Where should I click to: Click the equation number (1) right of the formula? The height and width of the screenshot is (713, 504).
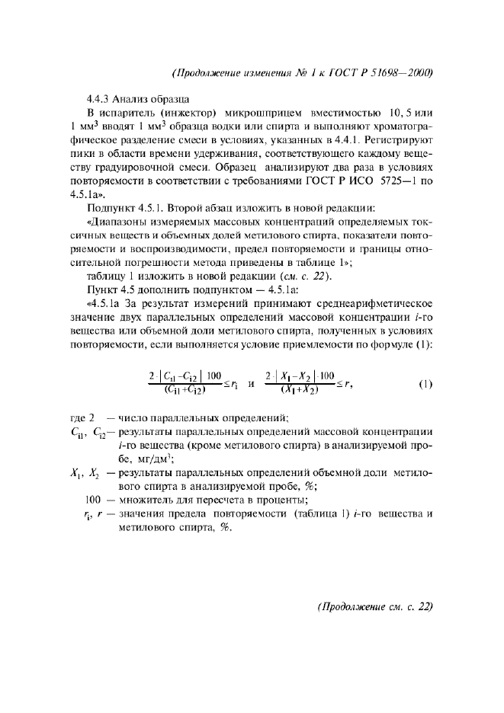tap(425, 384)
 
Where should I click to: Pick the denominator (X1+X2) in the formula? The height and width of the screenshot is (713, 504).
tap(298, 392)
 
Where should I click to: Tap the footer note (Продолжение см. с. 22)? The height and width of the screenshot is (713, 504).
tap(374, 606)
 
